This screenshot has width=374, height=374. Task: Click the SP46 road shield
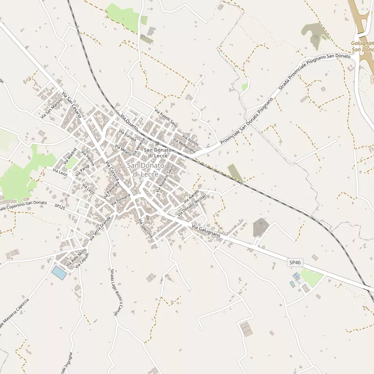click(295, 263)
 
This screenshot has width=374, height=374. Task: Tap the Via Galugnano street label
click(206, 231)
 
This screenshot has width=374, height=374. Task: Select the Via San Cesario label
click(71, 104)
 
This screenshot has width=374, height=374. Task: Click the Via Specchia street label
click(146, 227)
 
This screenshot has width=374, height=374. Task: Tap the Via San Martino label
click(52, 108)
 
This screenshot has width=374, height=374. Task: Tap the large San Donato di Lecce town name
click(143, 169)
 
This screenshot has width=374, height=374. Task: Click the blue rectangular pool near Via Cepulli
click(59, 273)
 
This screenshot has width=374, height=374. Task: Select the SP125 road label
click(59, 206)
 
